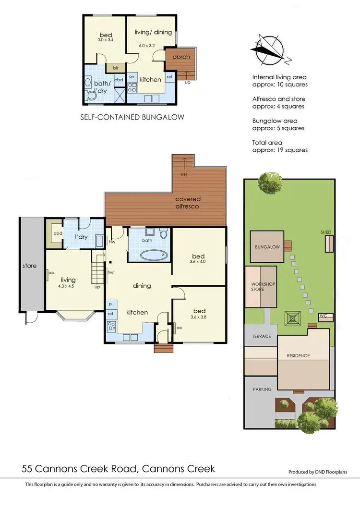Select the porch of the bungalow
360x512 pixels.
(181, 58)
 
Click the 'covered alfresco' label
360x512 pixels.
(188, 202)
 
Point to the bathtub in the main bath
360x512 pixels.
(154, 254)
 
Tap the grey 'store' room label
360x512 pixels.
(30, 266)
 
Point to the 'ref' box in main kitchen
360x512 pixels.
(110, 314)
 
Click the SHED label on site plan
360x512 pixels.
(326, 232)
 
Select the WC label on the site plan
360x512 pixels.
(324, 316)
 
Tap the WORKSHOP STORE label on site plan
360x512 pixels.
(263, 287)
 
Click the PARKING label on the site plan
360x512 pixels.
(262, 390)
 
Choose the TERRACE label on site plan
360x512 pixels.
(262, 337)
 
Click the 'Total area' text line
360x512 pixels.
(267, 143)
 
